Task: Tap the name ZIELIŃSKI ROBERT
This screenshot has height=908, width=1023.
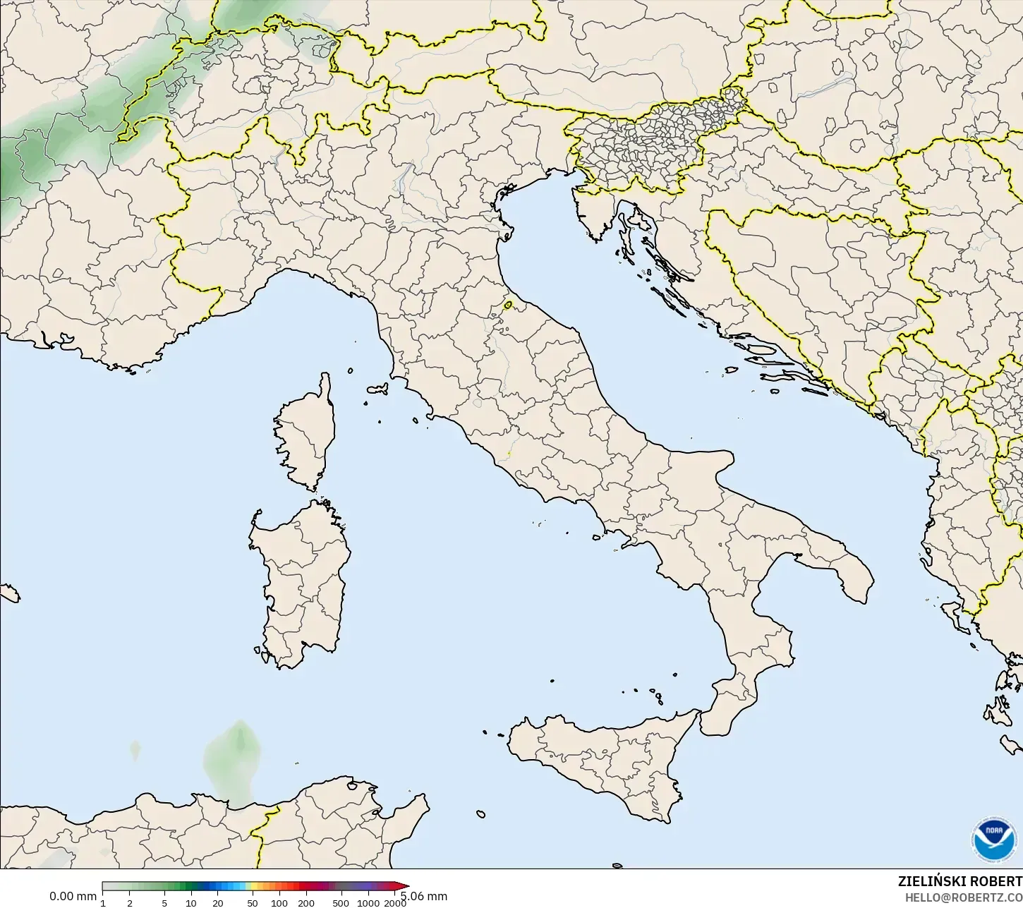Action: coord(960,881)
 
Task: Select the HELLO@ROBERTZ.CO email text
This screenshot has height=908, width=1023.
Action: coord(964,897)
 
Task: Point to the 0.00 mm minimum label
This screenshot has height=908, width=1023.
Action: coord(73,896)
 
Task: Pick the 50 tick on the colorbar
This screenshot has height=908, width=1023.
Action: coord(253,902)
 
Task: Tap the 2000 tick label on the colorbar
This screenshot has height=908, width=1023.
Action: coord(394,902)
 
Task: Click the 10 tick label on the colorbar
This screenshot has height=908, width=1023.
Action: coord(191,902)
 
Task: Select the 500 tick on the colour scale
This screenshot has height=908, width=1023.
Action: coord(341,902)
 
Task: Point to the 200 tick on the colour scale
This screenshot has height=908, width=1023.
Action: coord(306,902)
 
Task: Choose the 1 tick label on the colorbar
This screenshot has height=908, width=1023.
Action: coord(103,902)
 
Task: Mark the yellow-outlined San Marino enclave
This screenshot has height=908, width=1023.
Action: coord(508,305)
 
